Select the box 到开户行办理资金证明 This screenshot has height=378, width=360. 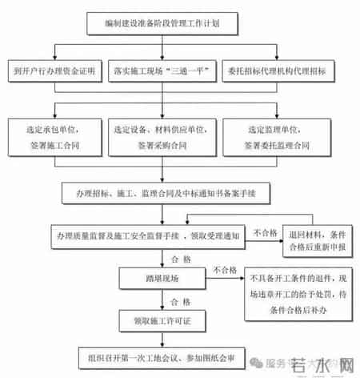(x=55, y=72)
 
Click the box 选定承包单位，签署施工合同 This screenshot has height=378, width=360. (x=56, y=135)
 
